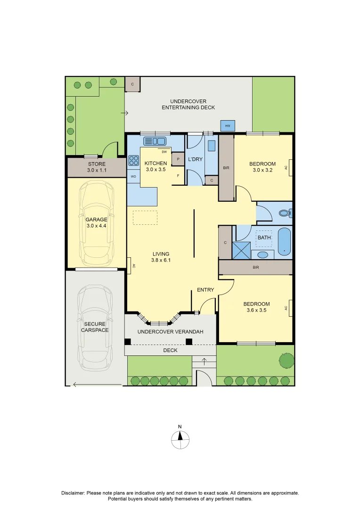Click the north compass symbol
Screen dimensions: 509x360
(x=180, y=440)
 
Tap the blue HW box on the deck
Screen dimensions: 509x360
(x=228, y=126)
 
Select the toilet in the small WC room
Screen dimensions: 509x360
(x=285, y=213)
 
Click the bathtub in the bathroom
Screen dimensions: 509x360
(x=284, y=241)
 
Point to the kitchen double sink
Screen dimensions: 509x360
(x=155, y=141)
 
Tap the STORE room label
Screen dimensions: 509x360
(x=97, y=164)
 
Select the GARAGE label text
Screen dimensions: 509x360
(x=97, y=220)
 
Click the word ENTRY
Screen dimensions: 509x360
(x=205, y=290)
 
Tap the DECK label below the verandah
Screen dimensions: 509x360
(x=170, y=351)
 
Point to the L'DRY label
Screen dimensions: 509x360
(x=195, y=159)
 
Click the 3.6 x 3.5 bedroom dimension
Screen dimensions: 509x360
(x=256, y=311)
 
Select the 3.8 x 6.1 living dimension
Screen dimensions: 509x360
(x=161, y=260)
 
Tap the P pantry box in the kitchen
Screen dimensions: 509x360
(x=178, y=159)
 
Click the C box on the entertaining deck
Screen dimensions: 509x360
(x=132, y=84)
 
